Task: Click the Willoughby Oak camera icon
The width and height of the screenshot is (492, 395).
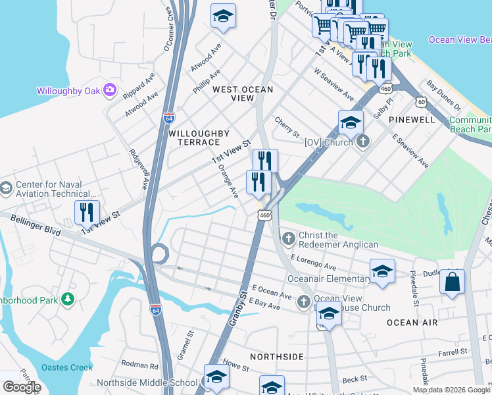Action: point(110,90)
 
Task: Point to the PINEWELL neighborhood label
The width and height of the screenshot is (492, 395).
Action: point(412,120)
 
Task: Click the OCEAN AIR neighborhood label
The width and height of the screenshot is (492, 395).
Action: point(412,322)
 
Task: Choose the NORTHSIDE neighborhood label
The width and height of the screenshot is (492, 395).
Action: point(277,356)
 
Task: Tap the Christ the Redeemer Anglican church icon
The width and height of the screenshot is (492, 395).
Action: point(287,238)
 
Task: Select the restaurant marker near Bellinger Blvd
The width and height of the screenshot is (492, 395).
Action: point(87,212)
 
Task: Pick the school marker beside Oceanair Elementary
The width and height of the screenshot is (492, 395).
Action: point(382,271)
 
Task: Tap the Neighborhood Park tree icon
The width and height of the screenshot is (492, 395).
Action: point(67,300)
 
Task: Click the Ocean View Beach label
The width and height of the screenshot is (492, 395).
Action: point(460,39)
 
